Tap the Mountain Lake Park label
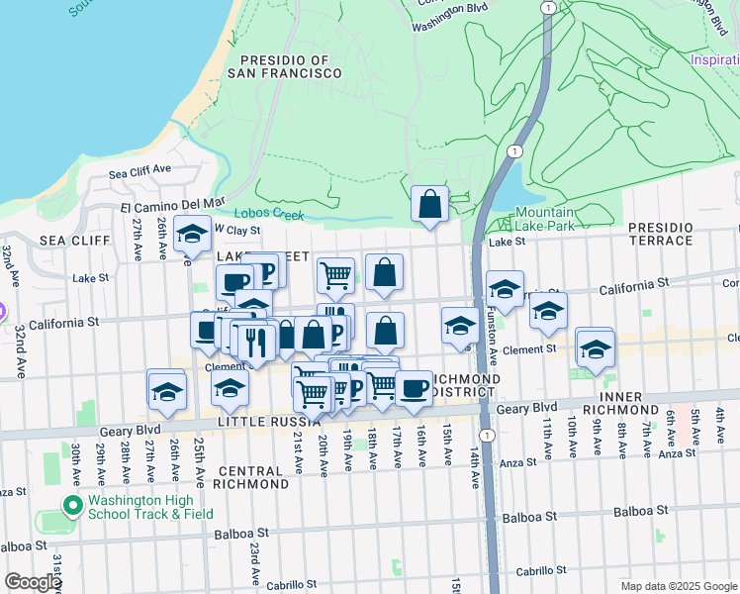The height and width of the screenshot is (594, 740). (x=543, y=219)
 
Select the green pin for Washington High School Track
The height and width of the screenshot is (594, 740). (x=71, y=507)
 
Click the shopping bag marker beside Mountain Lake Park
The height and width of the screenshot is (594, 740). (x=429, y=205)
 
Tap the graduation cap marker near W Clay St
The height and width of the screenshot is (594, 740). (x=192, y=234)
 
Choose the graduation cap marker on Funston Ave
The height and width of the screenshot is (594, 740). (x=505, y=289)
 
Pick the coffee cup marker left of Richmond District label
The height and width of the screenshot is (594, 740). (x=414, y=388)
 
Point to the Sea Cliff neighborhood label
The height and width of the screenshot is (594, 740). (x=66, y=241)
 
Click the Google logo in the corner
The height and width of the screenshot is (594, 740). (x=32, y=582)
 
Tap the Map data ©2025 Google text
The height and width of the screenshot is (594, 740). (x=678, y=586)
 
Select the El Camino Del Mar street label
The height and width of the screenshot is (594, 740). (x=172, y=207)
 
